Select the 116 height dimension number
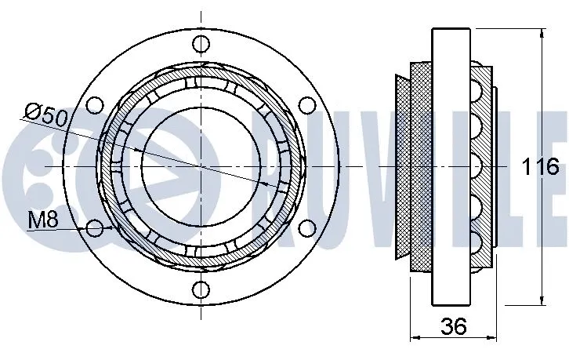click(x=540, y=166)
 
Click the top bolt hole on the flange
click(x=203, y=46)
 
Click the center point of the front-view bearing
click(x=203, y=167)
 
